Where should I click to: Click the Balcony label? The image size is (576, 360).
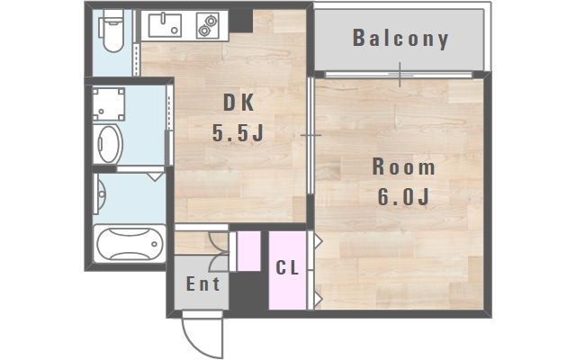click(x=400, y=38)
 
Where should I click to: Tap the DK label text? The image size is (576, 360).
click(x=238, y=103)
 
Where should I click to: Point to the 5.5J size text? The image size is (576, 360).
click(x=238, y=132)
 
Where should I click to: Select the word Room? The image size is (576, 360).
click(x=403, y=166)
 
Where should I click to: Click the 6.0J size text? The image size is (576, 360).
click(x=403, y=197)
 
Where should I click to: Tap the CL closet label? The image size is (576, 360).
click(x=287, y=267)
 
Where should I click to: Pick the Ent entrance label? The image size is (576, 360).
click(x=202, y=283)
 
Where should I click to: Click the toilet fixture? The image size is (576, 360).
click(x=112, y=31)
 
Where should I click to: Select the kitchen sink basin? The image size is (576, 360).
click(x=165, y=25)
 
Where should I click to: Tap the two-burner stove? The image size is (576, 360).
click(x=208, y=25)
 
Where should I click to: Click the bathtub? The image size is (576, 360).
click(x=130, y=244)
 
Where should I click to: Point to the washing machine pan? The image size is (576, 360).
click(x=108, y=104)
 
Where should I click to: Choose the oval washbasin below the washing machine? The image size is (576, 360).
click(x=108, y=144)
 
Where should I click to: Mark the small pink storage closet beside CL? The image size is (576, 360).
click(x=248, y=251)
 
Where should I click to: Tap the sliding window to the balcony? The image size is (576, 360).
click(x=399, y=75)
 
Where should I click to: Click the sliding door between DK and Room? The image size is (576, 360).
click(x=310, y=136)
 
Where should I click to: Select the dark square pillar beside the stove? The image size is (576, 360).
click(x=241, y=21)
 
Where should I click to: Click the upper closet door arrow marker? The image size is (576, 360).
click(x=318, y=241)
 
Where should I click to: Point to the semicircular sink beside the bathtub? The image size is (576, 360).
click(x=99, y=193)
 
